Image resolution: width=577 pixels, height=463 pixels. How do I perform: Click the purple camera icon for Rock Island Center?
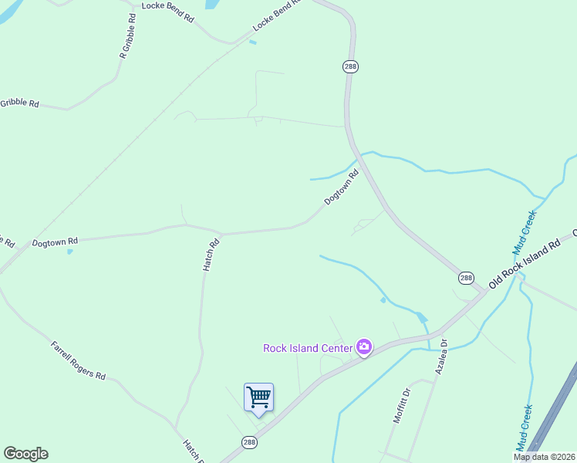pyautogui.click(x=364, y=348)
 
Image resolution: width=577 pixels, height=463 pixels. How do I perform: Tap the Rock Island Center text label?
pyautogui.click(x=307, y=348)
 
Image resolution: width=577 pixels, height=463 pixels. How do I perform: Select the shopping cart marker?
pyautogui.click(x=258, y=398)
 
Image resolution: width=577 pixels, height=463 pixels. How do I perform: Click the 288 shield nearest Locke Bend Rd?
pyautogui.click(x=350, y=67)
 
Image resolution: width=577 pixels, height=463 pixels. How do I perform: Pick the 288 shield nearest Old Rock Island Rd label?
pyautogui.click(x=466, y=278)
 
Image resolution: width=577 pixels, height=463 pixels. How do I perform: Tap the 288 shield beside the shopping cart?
pyautogui.click(x=249, y=442)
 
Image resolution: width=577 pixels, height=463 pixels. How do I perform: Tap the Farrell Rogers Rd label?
pyautogui.click(x=78, y=360)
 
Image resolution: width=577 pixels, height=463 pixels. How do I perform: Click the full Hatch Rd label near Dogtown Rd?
pyautogui.click(x=211, y=255)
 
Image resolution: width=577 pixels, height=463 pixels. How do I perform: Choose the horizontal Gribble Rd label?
pyautogui.click(x=19, y=103)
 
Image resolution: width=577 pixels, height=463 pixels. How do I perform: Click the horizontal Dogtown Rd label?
pyautogui.click(x=55, y=242)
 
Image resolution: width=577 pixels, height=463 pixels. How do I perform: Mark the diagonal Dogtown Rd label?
pyautogui.click(x=342, y=188)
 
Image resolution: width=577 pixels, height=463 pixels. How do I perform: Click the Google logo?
pyautogui.click(x=25, y=454)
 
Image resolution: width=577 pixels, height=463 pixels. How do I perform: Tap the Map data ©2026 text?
pyautogui.click(x=545, y=457)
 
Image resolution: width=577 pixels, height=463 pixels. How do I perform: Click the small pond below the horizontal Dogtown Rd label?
pyautogui.click(x=70, y=252)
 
